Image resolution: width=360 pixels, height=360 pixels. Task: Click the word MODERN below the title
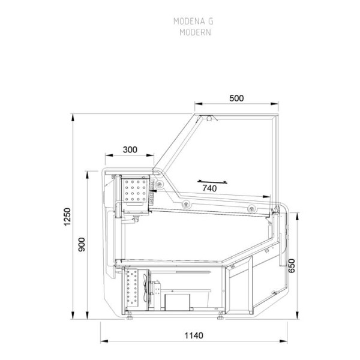coord(193,32)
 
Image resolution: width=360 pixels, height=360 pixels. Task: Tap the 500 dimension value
coord(236,100)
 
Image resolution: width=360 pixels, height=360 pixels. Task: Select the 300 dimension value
coord(130,149)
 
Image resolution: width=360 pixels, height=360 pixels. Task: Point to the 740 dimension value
coord(209,188)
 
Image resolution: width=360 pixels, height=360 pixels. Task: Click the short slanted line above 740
coord(213,179)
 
